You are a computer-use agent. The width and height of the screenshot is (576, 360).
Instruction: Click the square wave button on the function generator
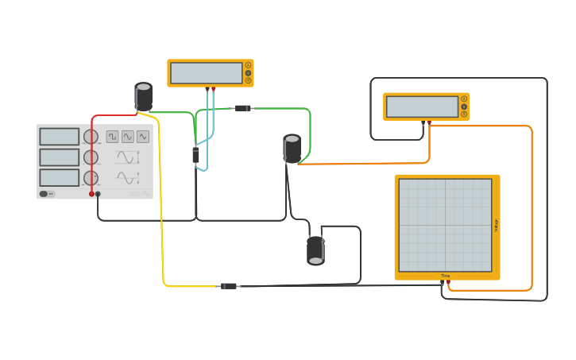click(x=113, y=137)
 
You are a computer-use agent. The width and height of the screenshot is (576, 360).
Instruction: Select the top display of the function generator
click(x=60, y=137)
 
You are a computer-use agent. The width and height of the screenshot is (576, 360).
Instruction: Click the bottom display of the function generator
click(x=60, y=177)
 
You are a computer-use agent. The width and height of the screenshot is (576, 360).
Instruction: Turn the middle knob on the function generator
click(x=91, y=157)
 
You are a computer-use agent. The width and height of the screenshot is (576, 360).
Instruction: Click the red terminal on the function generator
click(x=91, y=194)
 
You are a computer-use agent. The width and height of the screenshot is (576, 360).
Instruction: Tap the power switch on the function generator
click(x=48, y=193)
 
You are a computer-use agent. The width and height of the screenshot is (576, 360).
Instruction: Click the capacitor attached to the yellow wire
click(x=144, y=97)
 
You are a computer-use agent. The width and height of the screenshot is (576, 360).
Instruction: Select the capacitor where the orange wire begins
click(x=292, y=149)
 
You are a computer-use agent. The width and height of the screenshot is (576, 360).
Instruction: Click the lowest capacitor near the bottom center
click(x=315, y=250)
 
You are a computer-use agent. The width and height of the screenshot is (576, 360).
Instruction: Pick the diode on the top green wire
click(x=243, y=108)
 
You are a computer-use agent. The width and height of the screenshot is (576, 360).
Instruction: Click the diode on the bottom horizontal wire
click(x=229, y=286)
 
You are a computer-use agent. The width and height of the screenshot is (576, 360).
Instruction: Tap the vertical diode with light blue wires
click(x=195, y=154)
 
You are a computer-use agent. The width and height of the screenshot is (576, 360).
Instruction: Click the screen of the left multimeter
click(x=207, y=73)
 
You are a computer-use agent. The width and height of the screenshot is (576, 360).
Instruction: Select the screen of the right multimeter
click(x=421, y=106)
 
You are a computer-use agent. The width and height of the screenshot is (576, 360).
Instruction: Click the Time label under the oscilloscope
click(x=446, y=276)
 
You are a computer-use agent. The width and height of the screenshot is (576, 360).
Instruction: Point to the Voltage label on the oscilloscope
click(x=497, y=225)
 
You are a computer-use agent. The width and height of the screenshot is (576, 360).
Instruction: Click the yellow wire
click(x=161, y=199)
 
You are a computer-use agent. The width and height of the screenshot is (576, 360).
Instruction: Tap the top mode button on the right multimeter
click(x=464, y=99)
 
